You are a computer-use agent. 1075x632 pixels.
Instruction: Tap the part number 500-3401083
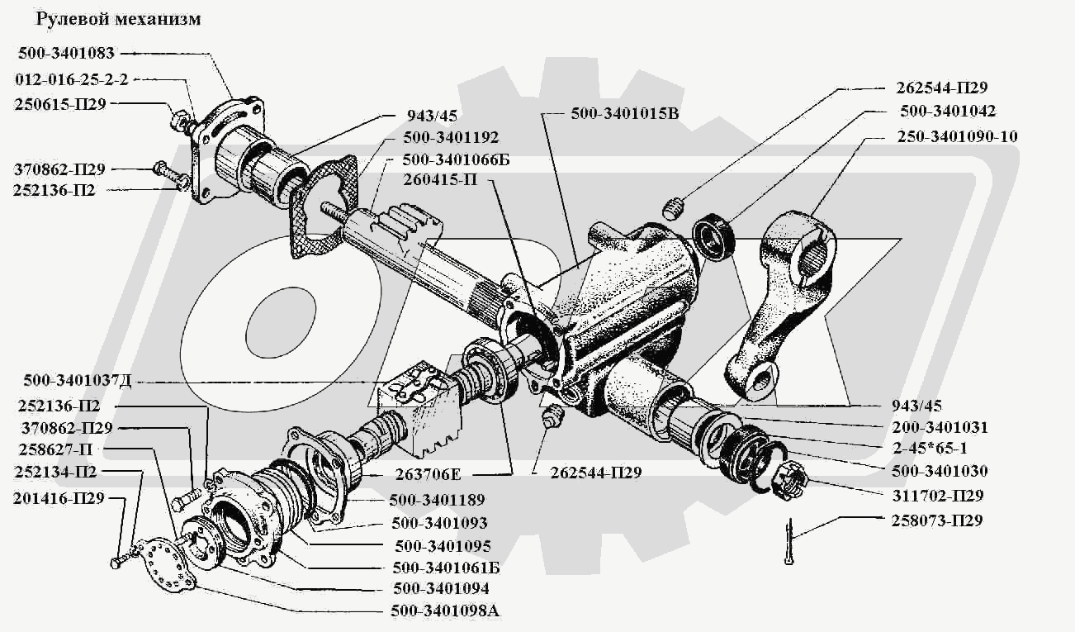coord(66,54)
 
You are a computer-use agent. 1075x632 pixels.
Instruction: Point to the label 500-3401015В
coord(624,114)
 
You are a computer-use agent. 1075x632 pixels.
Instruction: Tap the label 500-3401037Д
coord(78,381)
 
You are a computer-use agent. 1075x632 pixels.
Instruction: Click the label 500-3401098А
coord(445,612)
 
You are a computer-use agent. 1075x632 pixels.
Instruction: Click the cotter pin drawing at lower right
coord(792,542)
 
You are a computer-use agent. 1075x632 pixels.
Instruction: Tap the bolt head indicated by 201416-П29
coord(116,563)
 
